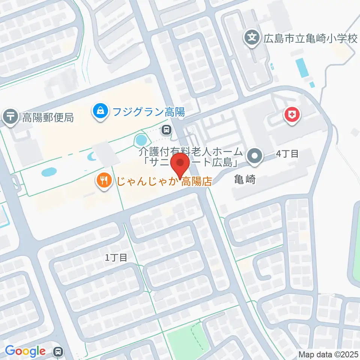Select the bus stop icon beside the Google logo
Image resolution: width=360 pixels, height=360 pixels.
pyautogui.click(x=58, y=351)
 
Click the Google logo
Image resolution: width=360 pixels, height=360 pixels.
pyautogui.click(x=25, y=351)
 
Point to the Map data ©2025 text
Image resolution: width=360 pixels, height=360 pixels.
pyautogui.click(x=328, y=354)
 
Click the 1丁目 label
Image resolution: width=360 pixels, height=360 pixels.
pyautogui.click(x=116, y=258)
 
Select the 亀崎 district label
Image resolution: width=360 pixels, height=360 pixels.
pyautogui.click(x=246, y=180)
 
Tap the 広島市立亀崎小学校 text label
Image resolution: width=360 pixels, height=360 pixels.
pyautogui.click(x=309, y=38)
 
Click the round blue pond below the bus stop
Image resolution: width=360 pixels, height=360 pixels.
pyautogui.click(x=141, y=141)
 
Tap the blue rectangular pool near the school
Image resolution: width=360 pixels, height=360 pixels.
pyautogui.click(x=301, y=67)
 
